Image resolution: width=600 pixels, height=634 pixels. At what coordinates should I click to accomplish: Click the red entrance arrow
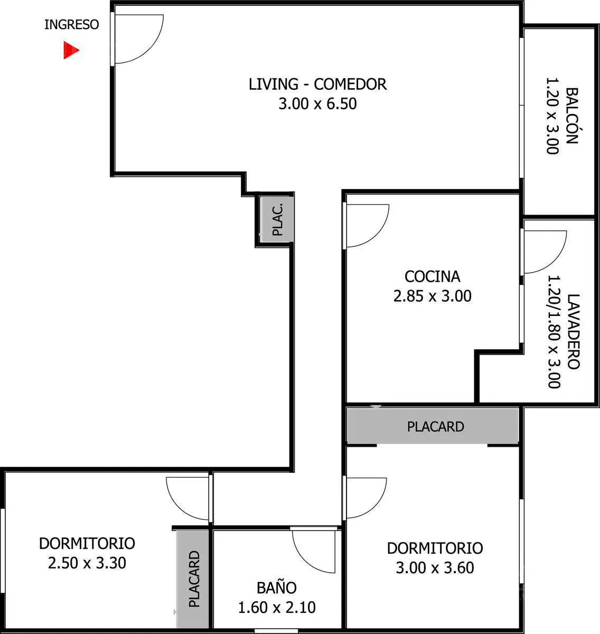[x=71, y=50]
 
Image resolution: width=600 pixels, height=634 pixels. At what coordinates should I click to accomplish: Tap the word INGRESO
[x=72, y=25]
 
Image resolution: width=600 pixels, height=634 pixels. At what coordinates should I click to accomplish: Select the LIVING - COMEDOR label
[x=317, y=84]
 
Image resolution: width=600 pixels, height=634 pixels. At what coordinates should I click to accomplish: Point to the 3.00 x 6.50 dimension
[x=317, y=104]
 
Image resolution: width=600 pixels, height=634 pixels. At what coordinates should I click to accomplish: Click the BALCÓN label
[x=571, y=116]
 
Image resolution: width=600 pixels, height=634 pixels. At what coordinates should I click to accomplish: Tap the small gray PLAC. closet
[x=277, y=219]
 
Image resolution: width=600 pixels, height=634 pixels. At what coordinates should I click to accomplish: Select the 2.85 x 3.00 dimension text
[x=433, y=296]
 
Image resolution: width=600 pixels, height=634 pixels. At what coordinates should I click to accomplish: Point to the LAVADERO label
[x=574, y=331]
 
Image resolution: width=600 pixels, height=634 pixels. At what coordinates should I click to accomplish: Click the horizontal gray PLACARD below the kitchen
[x=433, y=426]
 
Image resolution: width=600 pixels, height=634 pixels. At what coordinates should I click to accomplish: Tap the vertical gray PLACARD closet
[x=193, y=579]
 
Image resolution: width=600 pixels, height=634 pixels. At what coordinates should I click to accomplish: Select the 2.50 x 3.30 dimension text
[x=87, y=563]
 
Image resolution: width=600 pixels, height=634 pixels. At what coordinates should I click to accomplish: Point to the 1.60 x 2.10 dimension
[x=277, y=608]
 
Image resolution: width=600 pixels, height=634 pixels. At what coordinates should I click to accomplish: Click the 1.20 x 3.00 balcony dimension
[x=552, y=116]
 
